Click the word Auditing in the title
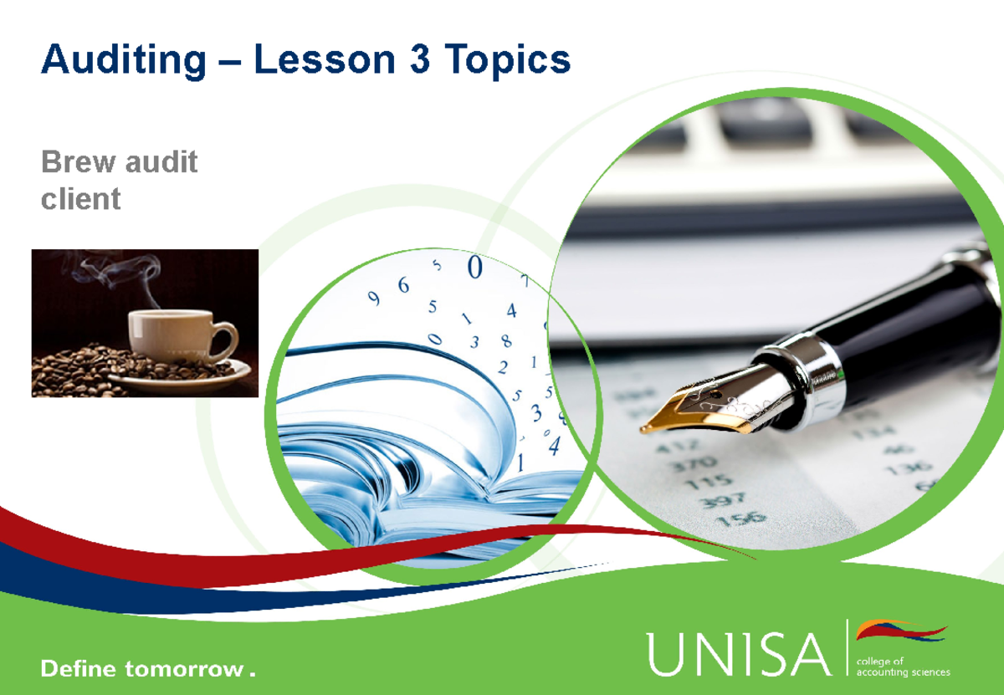click(x=123, y=59)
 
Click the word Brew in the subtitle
click(x=79, y=161)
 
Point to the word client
click(x=80, y=199)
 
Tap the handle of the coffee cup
click(x=224, y=338)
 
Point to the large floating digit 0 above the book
click(x=475, y=268)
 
